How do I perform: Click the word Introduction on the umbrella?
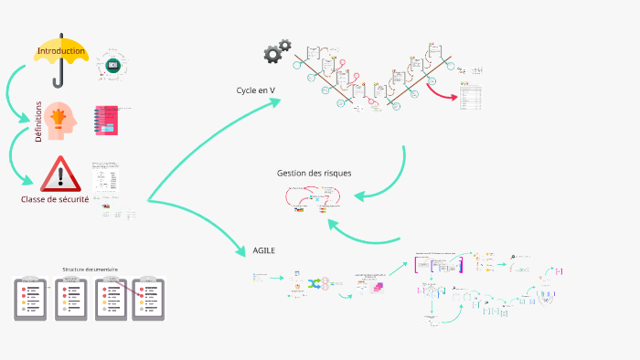click(x=61, y=51)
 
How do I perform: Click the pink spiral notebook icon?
click(x=106, y=121)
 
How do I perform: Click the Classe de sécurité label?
click(x=55, y=199)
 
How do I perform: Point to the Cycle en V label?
click(x=256, y=90)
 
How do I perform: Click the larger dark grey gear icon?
click(x=272, y=55)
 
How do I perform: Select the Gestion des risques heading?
click(x=314, y=173)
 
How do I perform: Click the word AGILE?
click(x=264, y=249)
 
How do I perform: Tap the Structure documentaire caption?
click(x=90, y=270)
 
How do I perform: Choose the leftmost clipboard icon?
click(x=30, y=297)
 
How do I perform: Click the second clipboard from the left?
click(x=70, y=297)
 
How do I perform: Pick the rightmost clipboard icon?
click(x=148, y=297)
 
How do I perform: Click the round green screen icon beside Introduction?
click(x=113, y=65)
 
